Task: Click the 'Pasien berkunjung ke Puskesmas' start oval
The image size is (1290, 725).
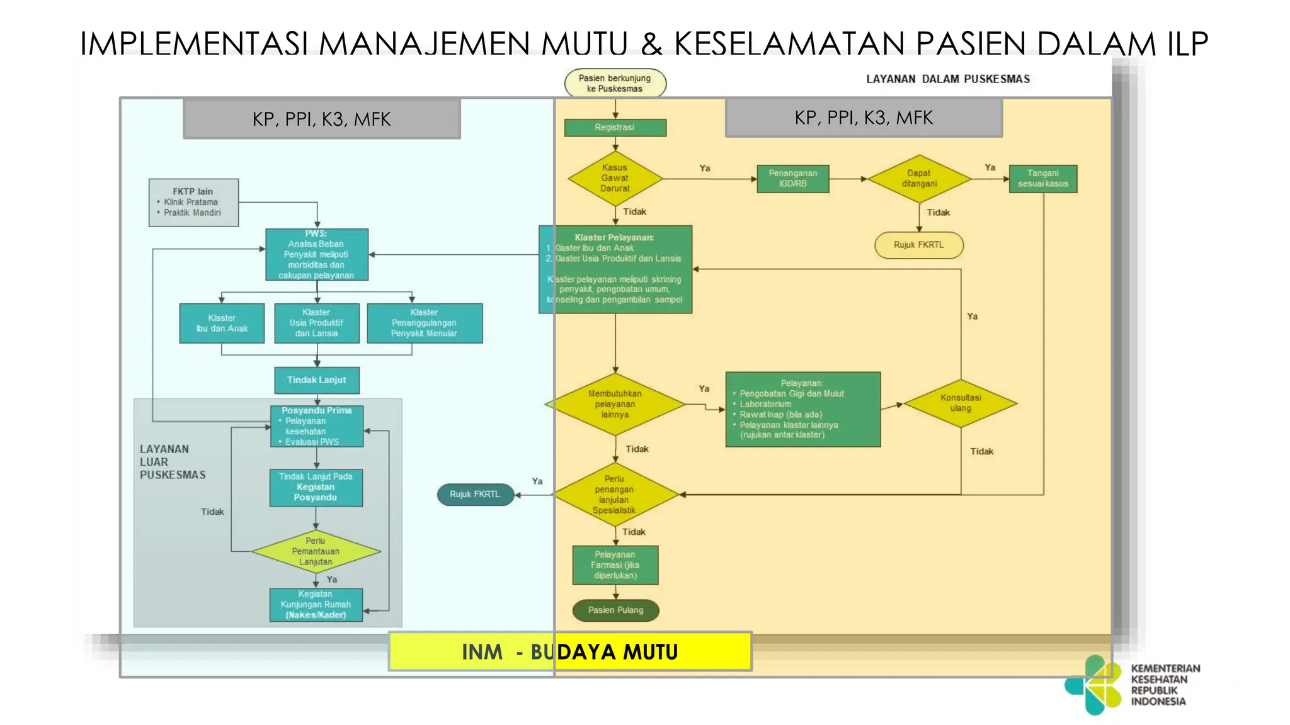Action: tap(615, 83)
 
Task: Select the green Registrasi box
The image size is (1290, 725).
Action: tap(615, 128)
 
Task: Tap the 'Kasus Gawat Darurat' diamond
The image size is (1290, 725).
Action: tap(615, 178)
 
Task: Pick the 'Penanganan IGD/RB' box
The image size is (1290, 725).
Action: tap(792, 179)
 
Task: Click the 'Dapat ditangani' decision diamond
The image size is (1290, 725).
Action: tap(919, 179)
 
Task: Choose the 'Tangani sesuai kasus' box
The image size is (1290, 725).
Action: tap(1042, 179)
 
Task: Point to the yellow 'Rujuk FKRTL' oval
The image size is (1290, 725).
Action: tap(918, 245)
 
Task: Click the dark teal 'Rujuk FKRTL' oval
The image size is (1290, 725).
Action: tap(475, 495)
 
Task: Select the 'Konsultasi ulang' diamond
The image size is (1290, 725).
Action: tap(961, 403)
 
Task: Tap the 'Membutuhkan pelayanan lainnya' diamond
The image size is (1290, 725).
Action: tap(615, 404)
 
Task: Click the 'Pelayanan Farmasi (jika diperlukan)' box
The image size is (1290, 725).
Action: tap(615, 565)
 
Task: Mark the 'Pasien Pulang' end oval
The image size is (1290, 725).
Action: tap(615, 610)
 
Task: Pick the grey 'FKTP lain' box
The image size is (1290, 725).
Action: tap(193, 202)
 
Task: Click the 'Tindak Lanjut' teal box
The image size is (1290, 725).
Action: tap(317, 380)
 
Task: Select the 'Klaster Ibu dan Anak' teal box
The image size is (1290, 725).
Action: tap(222, 323)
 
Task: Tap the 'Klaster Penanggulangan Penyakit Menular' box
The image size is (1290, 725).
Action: tap(424, 323)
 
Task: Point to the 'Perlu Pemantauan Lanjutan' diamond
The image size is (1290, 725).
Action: tap(316, 551)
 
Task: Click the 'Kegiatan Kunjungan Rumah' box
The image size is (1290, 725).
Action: tap(316, 605)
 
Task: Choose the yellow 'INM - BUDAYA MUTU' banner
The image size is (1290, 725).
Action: tap(570, 651)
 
